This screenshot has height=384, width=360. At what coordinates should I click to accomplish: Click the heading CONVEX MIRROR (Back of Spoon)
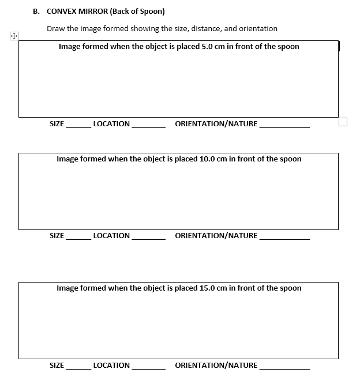coord(106,11)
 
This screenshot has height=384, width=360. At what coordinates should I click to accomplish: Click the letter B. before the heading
coord(36,11)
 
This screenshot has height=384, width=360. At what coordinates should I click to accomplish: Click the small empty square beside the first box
coord(343,122)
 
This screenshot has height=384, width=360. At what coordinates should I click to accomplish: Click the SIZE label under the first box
coord(57,124)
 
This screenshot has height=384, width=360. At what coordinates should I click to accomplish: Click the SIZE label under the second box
coord(57,236)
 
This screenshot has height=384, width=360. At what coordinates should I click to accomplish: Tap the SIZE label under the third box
coord(57,366)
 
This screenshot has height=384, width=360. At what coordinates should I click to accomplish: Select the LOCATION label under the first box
coord(111,124)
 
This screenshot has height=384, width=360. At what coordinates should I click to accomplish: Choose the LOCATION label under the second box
coord(111,236)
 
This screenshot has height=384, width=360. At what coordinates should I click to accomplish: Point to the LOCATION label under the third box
coord(111,366)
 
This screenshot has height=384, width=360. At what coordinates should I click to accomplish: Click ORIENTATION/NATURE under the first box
coord(216,124)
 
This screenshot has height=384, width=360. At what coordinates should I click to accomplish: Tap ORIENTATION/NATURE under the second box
coord(216,236)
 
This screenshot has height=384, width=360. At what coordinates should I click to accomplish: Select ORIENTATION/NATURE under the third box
coord(216,366)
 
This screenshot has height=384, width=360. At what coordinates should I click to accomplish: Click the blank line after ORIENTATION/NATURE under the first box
coord(284,126)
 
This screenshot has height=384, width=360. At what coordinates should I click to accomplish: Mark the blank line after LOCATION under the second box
coord(149,238)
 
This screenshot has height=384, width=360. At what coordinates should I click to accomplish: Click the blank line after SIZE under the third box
coord(78,368)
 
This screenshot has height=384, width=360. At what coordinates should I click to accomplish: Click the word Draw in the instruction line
coord(56,28)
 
